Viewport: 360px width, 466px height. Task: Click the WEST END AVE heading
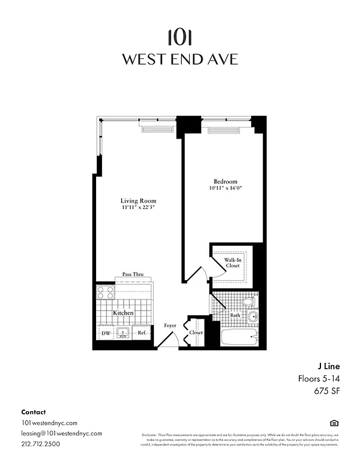tap(179, 59)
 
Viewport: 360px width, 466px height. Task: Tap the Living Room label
tap(139, 201)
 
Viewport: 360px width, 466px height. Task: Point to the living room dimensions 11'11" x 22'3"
tap(139, 207)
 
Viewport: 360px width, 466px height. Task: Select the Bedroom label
tap(225, 182)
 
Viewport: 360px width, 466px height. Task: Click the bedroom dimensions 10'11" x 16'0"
tap(225, 188)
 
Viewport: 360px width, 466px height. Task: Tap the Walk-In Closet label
tap(232, 262)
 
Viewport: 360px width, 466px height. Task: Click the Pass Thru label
tap(133, 274)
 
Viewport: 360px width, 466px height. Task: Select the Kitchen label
tap(123, 313)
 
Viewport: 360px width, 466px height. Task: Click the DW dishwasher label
tap(105, 333)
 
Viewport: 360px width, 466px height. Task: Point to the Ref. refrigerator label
tap(142, 333)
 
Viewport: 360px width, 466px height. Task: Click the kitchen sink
tap(123, 333)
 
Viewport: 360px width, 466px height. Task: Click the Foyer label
tap(170, 326)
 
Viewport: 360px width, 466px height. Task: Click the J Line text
tap(328, 366)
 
